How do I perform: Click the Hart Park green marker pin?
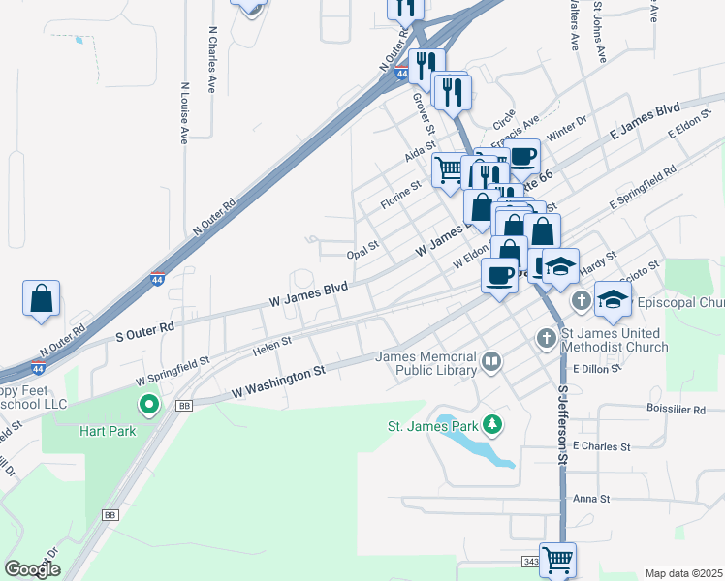149,405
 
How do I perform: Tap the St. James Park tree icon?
493,424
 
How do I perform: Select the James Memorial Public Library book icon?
491,363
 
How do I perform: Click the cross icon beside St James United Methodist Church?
546,338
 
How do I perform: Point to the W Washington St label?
277,382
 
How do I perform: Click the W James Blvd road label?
307,295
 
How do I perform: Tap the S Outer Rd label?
144,329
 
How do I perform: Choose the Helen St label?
272,345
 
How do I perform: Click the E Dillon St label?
601,369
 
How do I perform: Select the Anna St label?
590,499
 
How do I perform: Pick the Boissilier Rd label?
676,410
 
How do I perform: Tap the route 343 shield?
530,562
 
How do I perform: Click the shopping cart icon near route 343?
557,559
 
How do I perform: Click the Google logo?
32,569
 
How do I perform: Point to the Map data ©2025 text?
683,573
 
